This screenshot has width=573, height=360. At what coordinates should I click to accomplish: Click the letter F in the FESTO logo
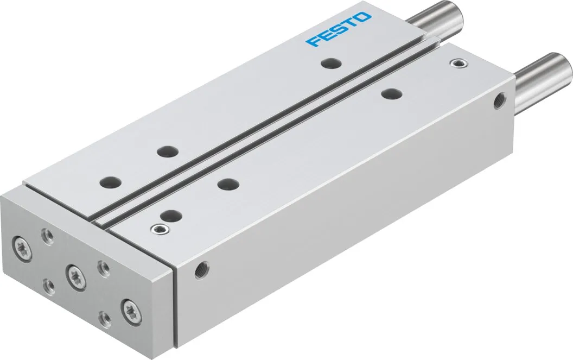[313, 41]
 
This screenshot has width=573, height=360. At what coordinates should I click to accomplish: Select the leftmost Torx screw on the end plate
[21, 243]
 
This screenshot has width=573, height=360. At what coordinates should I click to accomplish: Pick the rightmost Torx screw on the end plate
[131, 310]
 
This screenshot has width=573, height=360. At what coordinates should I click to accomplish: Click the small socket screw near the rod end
[459, 65]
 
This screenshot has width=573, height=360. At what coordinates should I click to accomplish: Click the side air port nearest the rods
[498, 100]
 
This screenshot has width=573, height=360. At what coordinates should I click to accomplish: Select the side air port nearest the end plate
[202, 270]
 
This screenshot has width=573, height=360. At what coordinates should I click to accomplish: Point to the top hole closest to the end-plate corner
[110, 180]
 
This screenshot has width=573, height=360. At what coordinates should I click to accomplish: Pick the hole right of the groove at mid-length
[228, 184]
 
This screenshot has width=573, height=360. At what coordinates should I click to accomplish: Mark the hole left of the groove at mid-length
[165, 152]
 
